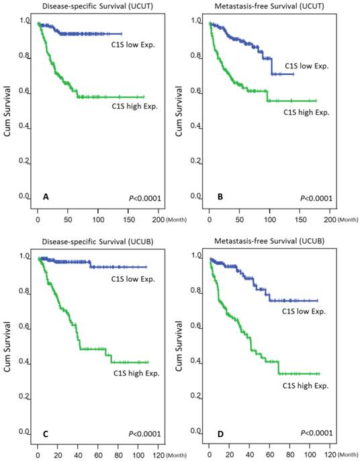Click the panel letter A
point(45,197)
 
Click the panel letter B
point(218,197)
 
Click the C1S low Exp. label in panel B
point(306,66)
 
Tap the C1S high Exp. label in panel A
point(134,105)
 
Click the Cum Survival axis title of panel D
point(181,344)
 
